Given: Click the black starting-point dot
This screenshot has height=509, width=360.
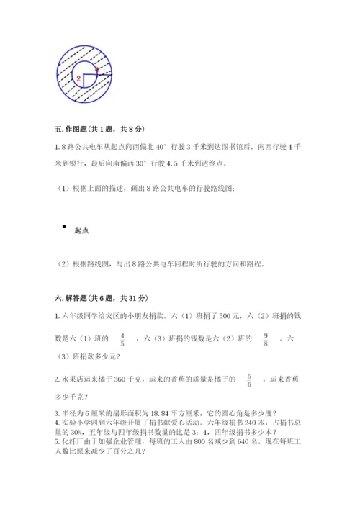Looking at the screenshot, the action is coord(64,227).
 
